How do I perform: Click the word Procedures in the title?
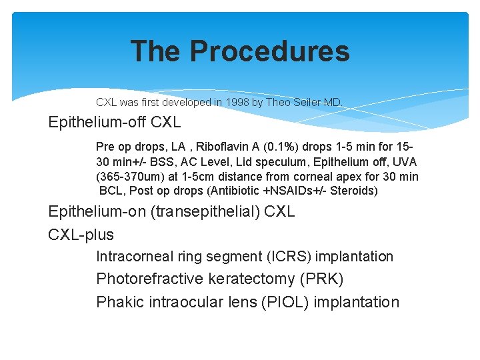point(269,51)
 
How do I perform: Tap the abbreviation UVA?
point(402,161)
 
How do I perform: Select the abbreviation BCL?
point(112,191)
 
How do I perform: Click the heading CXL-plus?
point(81,235)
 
